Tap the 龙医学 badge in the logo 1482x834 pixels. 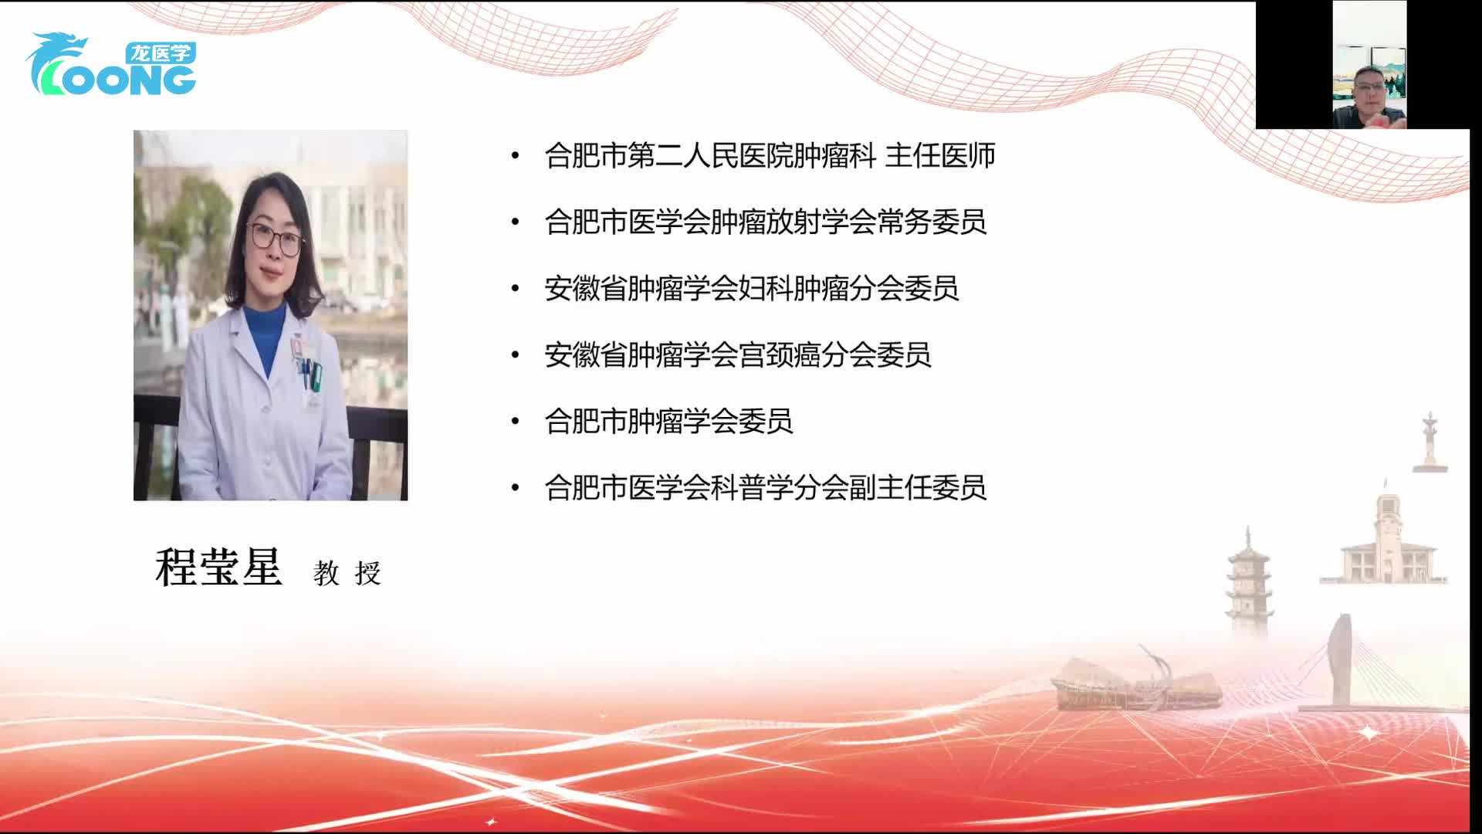pyautogui.click(x=160, y=53)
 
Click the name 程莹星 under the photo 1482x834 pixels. pyautogui.click(x=219, y=568)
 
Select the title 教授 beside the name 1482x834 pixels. pyautogui.click(x=347, y=573)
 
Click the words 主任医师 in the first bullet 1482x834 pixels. pyautogui.click(x=939, y=156)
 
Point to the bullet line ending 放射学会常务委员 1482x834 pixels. pyautogui.click(x=765, y=222)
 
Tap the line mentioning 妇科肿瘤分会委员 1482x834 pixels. pyautogui.click(x=751, y=289)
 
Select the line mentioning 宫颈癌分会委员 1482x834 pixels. pyautogui.click(x=737, y=355)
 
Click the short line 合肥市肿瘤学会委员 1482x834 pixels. pyautogui.click(x=668, y=422)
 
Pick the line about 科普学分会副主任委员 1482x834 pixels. pyautogui.click(x=765, y=488)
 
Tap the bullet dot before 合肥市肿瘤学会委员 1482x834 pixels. pyautogui.click(x=515, y=422)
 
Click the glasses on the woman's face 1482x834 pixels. pyautogui.click(x=273, y=237)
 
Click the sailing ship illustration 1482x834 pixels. pyautogui.click(x=1135, y=683)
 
